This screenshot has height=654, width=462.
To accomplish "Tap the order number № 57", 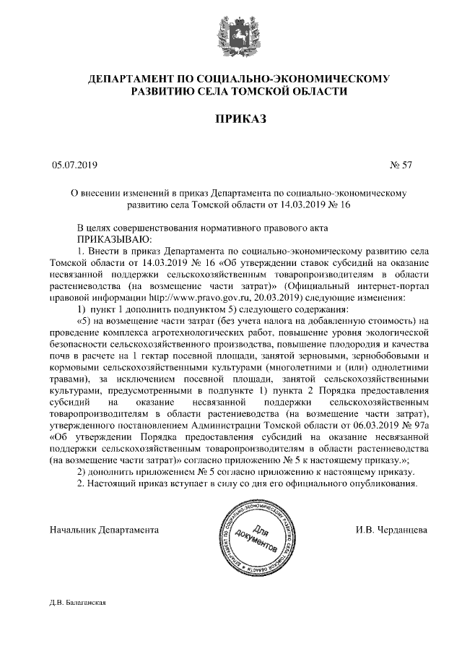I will coord(401,165).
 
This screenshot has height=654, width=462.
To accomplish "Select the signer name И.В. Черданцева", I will coord(391,530).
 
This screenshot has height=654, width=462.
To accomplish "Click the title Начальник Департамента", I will coord(104,530).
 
